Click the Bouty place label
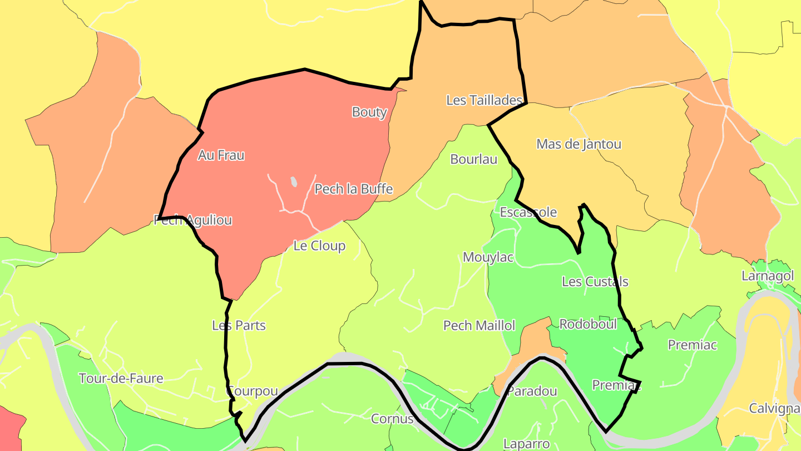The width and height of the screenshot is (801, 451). point(369,112)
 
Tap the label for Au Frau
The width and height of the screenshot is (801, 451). point(221,155)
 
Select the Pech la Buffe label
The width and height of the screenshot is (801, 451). point(354,189)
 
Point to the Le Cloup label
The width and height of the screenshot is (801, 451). point(319,246)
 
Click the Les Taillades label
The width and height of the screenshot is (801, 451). point(484,100)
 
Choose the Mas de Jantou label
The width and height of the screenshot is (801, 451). point(578,144)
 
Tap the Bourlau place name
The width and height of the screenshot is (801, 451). point(473,159)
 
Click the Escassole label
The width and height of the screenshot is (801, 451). point(528,212)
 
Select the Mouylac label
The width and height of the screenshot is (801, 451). point(488,257)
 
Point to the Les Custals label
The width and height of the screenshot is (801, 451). point(595,282)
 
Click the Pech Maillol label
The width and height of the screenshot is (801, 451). point(479,325)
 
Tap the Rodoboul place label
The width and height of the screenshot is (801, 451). point(588,324)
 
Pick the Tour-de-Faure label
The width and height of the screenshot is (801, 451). point(121,379)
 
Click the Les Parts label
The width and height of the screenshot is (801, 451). point(239,325)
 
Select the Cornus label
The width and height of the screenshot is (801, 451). point(392,419)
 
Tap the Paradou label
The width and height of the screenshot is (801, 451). point(532,391)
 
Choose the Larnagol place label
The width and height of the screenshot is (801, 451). point(768,276)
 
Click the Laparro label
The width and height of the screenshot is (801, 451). point(526,444)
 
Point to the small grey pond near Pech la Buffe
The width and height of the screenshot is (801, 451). point(293,182)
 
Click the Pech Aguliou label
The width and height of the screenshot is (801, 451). point(192,220)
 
